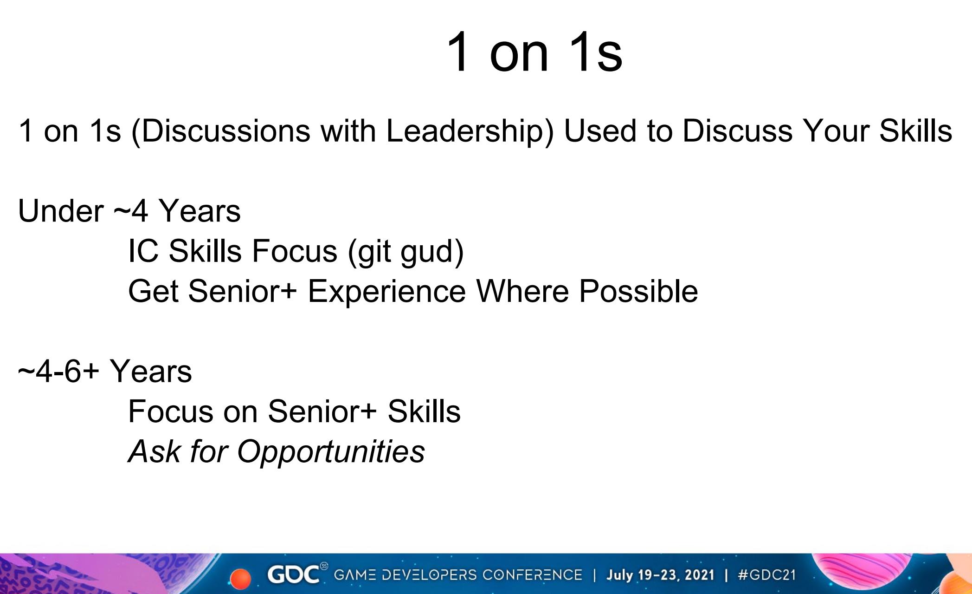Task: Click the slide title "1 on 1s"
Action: coord(534,52)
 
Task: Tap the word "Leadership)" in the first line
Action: coord(470,131)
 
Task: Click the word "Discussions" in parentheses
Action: coord(221,131)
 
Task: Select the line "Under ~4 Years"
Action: coord(129,211)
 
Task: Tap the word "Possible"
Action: coord(638,291)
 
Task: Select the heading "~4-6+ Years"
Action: coord(105,372)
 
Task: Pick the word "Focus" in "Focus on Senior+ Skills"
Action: coord(170,411)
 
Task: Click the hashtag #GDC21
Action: coord(766,575)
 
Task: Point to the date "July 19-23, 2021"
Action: coord(661,575)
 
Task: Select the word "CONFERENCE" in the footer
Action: coord(532,575)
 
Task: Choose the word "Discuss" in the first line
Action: coord(737,131)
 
